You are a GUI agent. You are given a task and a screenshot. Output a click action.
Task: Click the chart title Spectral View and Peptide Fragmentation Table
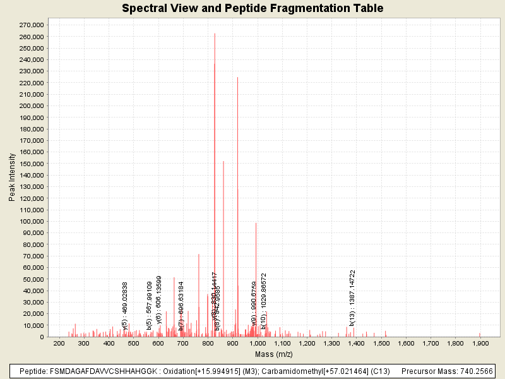[x=252, y=8]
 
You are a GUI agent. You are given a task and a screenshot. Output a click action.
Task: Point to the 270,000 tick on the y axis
[x=31, y=25]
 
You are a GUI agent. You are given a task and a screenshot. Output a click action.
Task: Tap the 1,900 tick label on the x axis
[x=480, y=344]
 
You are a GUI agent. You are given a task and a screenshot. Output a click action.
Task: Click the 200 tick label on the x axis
[x=59, y=344]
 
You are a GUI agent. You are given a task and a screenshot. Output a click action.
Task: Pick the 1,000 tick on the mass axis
[x=257, y=344]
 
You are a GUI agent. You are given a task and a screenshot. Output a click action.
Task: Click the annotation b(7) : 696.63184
[x=181, y=306]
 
